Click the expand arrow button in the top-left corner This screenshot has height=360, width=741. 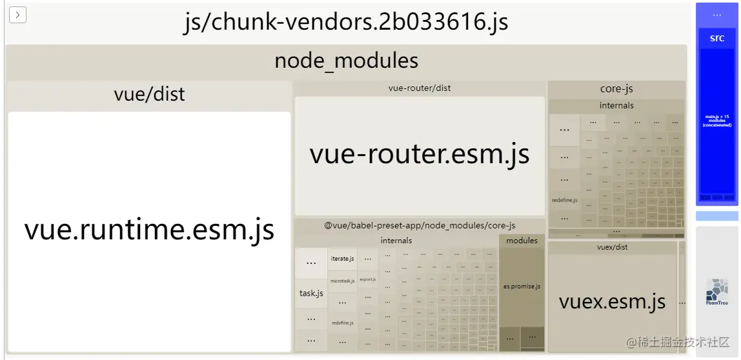[x=17, y=15]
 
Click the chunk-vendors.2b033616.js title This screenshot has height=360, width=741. [x=346, y=23]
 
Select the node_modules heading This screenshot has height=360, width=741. [x=346, y=61]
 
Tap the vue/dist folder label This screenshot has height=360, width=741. [x=149, y=94]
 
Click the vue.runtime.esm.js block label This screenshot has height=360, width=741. [x=149, y=230]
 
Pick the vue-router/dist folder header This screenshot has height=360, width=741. [x=420, y=88]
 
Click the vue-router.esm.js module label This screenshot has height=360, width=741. [x=420, y=154]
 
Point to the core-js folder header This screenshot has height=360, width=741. [x=616, y=88]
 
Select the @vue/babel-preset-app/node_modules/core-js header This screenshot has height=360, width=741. [x=420, y=225]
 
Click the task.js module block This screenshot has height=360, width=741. [x=311, y=293]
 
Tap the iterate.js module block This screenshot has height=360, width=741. [x=342, y=259]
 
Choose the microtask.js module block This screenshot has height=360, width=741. [x=342, y=281]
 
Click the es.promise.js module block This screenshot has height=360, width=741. [x=522, y=286]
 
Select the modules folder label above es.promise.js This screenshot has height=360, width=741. [x=522, y=241]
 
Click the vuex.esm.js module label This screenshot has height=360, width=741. [x=611, y=301]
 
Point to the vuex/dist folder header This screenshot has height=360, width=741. [x=612, y=247]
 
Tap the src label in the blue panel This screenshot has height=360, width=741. [x=717, y=39]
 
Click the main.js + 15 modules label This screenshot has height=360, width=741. [x=717, y=120]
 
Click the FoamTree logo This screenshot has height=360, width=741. [x=716, y=292]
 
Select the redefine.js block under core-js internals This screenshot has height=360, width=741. [x=564, y=201]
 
